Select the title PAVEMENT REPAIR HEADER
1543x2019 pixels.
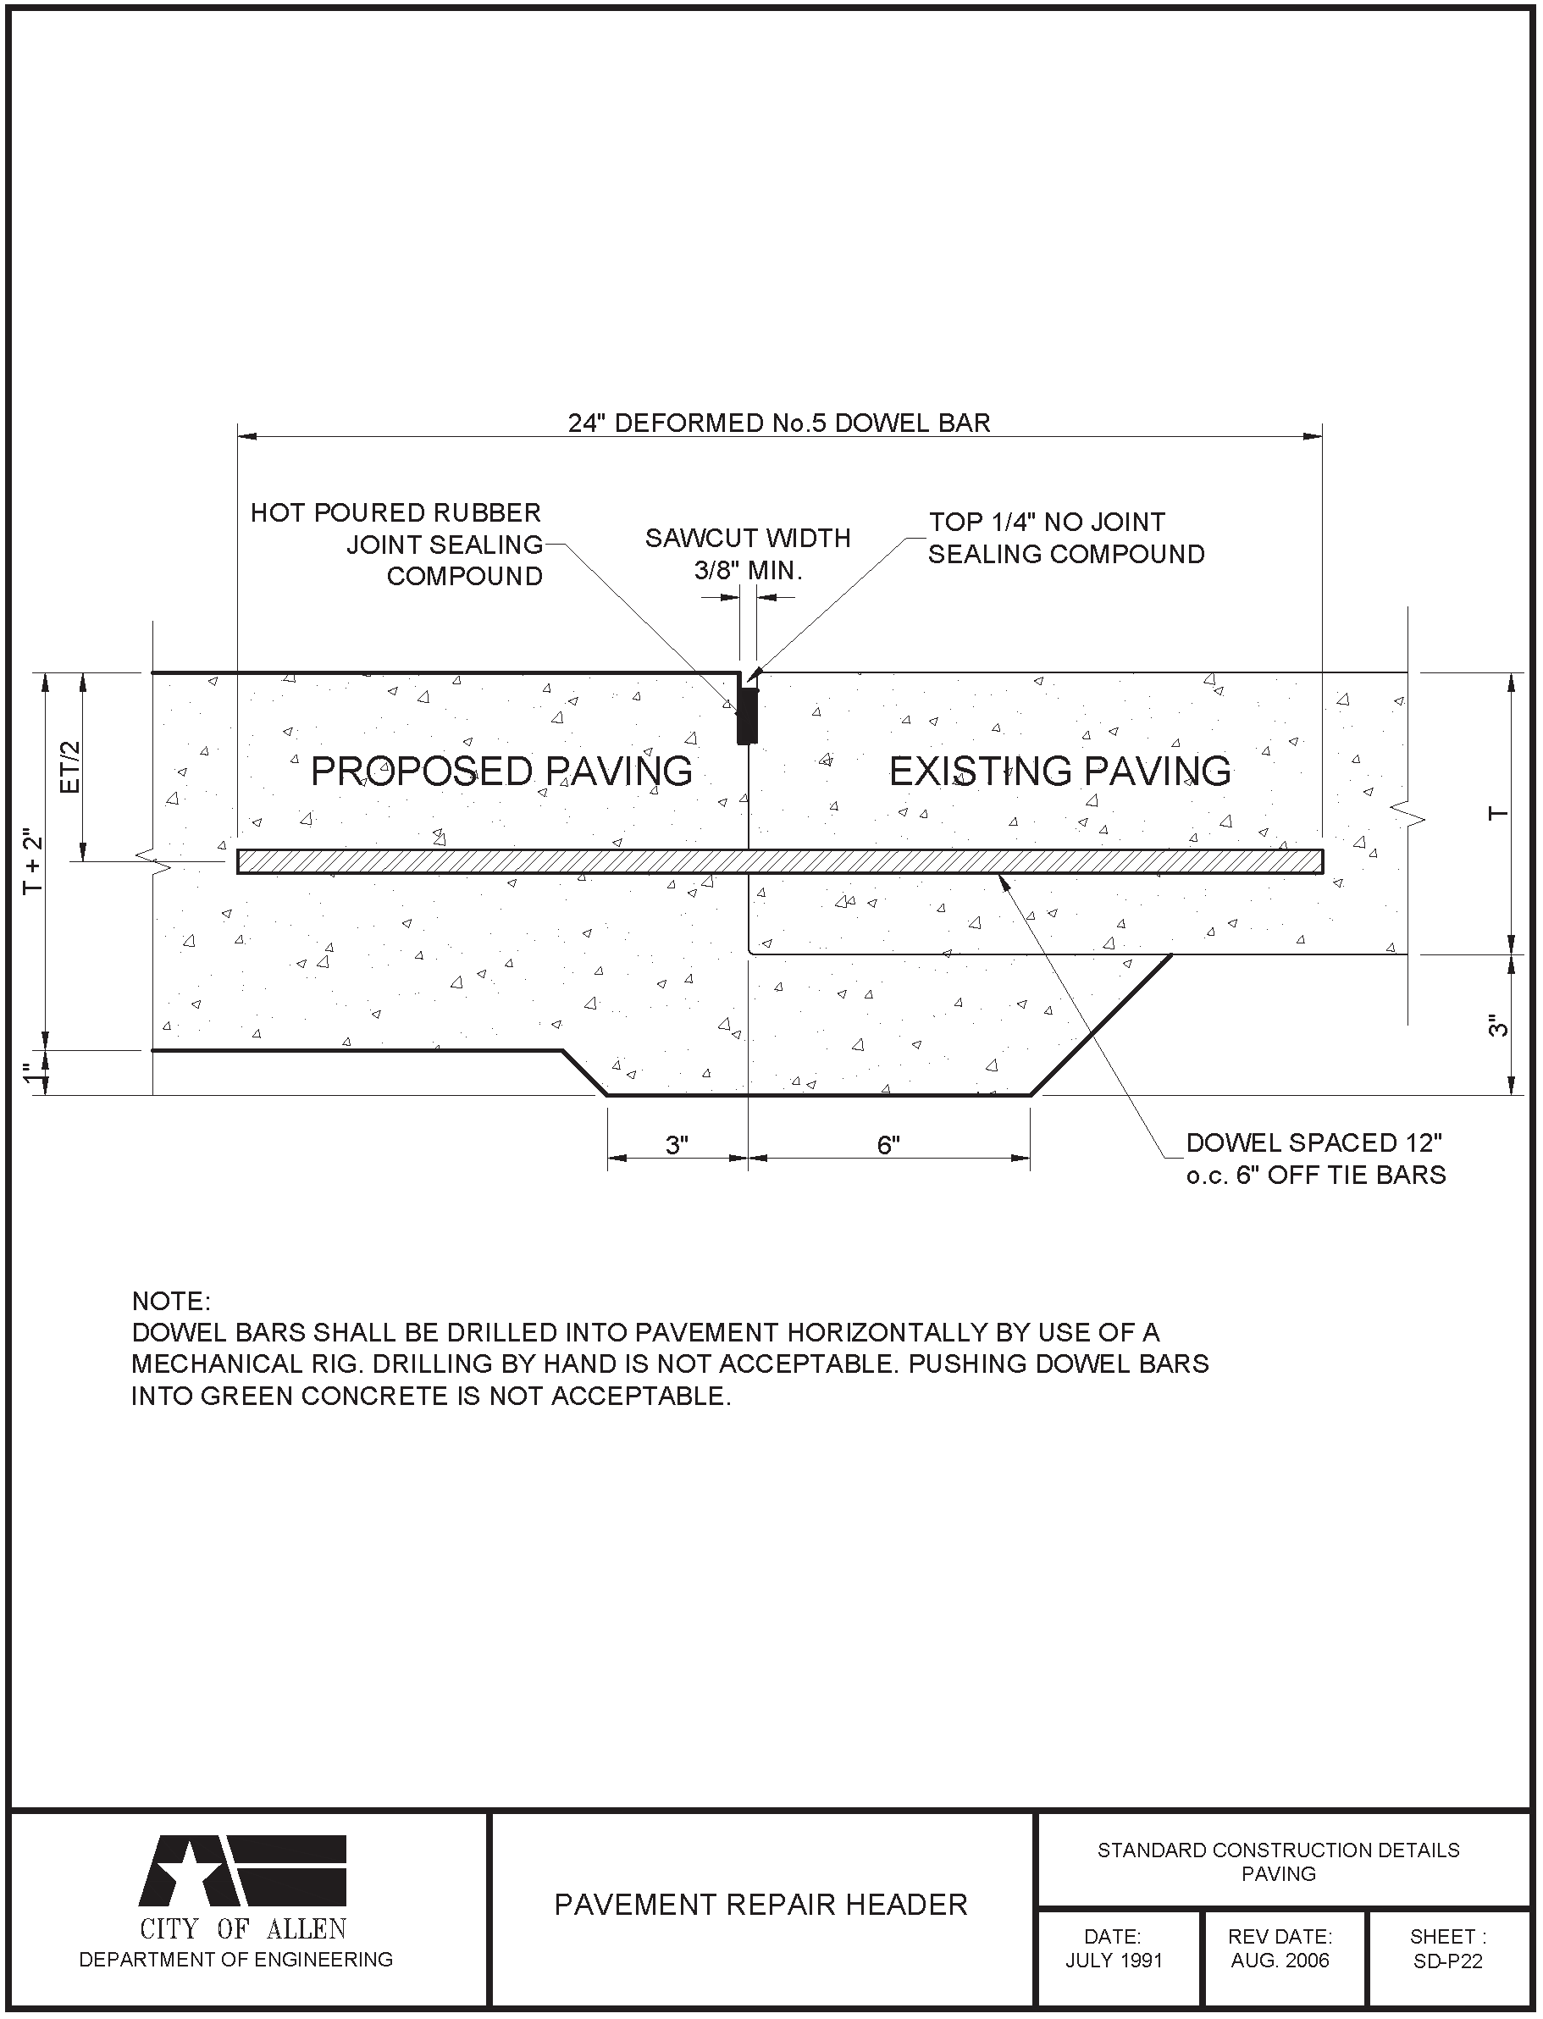pos(760,1906)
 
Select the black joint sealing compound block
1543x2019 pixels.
pos(748,716)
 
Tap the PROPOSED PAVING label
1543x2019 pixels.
pos(501,771)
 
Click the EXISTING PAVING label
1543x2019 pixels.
pos(1060,771)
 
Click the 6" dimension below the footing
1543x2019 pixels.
pos(888,1146)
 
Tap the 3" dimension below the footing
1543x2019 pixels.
pos(677,1146)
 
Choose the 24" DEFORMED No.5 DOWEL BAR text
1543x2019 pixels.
pos(779,423)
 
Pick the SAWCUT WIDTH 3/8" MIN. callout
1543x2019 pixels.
pos(748,554)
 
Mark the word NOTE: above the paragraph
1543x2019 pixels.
pos(172,1301)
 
